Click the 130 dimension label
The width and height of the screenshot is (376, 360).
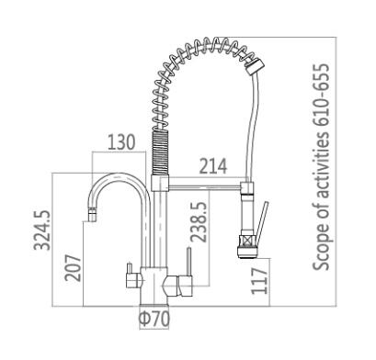coord(121,142)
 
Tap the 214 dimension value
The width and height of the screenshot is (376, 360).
coord(213,166)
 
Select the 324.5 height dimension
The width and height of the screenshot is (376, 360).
coord(42,231)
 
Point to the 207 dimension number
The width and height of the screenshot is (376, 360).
coord(73,268)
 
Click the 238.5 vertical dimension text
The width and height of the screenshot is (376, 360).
coord(199,221)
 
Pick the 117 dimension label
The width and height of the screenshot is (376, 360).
coord(259,281)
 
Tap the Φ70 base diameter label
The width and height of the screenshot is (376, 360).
coord(154,319)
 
